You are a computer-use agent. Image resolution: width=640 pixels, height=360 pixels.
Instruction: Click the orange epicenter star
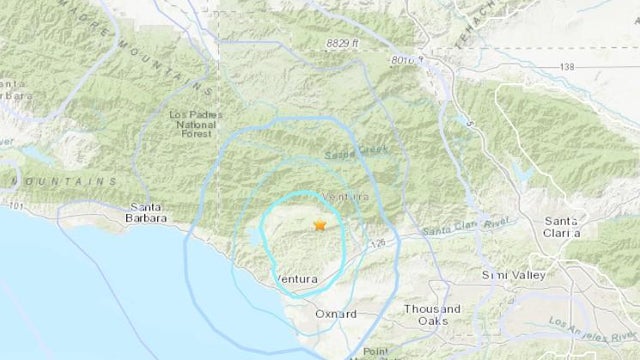[319, 225]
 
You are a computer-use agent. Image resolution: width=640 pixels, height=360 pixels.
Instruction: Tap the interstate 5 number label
[465, 118]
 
